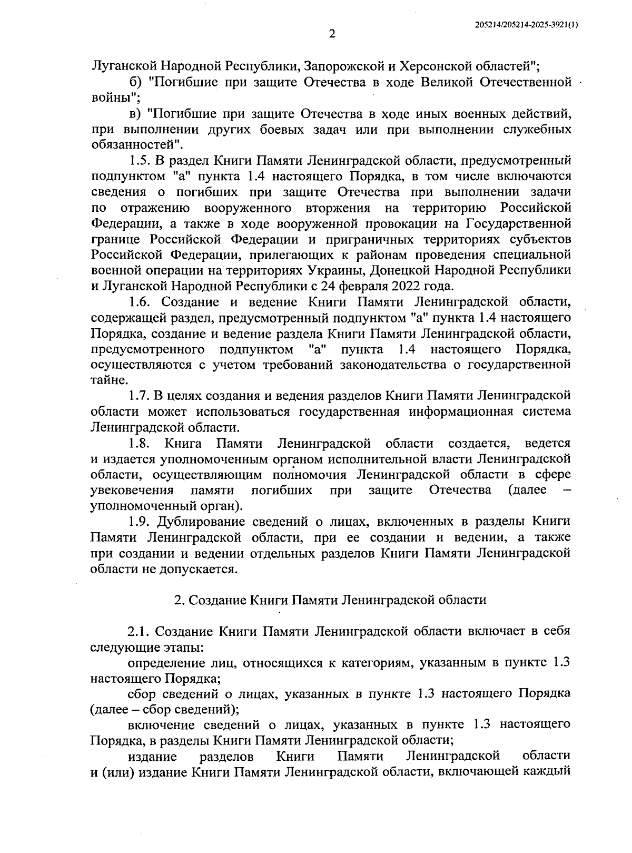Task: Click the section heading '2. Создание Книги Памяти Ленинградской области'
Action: tap(330, 600)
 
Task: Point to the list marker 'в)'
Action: tap(135, 113)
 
